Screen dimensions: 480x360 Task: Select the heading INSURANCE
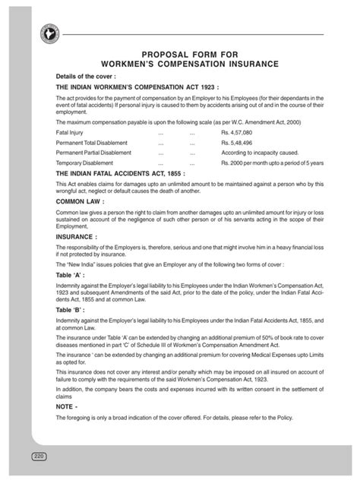tap(77, 236)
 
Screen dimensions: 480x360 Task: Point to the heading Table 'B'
tap(72, 312)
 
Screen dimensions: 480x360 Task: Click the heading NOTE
tap(67, 406)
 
